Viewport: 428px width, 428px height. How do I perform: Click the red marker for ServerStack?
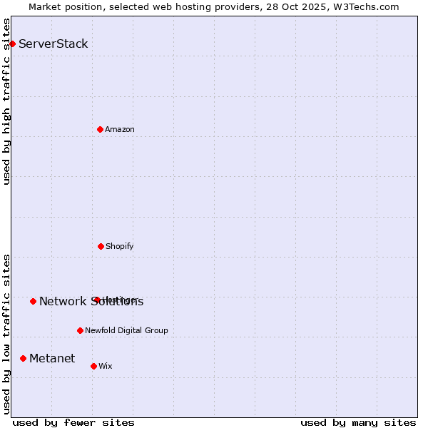[12, 44]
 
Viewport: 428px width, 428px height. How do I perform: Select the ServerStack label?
[53, 44]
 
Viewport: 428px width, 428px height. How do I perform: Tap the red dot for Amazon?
[100, 129]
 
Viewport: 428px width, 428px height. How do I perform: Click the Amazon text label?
[120, 129]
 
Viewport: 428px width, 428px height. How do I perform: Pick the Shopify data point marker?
[101, 246]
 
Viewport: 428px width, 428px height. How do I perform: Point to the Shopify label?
[120, 246]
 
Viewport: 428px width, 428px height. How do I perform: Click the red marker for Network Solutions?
[33, 301]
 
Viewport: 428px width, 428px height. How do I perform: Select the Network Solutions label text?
[91, 301]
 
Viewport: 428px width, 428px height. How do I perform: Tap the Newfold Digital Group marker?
[80, 330]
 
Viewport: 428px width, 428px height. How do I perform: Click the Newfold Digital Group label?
[126, 330]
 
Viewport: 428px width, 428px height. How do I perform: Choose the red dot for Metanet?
[23, 358]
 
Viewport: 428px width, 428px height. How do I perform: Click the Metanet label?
[52, 358]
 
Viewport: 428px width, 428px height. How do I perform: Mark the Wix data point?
[93, 366]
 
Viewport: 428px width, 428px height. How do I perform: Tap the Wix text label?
[106, 366]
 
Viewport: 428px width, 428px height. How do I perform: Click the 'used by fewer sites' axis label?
[73, 422]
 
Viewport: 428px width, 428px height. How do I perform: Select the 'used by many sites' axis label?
[358, 422]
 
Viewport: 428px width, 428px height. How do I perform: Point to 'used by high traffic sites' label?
[6, 101]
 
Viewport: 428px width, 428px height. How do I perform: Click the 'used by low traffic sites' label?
[6, 334]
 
